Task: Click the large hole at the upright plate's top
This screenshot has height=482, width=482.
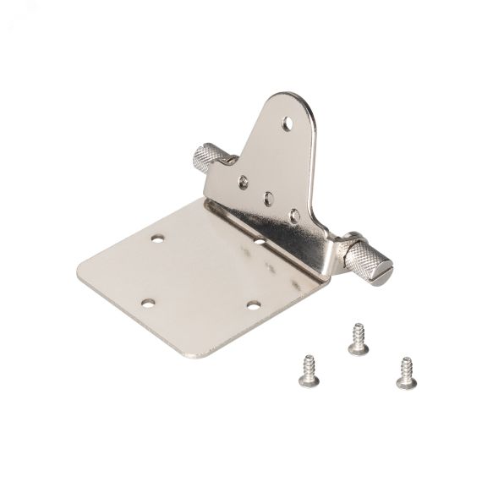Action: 290,122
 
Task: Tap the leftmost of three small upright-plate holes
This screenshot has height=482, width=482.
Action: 244,180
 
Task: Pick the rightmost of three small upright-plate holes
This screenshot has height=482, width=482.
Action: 293,216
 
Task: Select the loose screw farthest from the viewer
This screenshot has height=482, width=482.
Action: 357,334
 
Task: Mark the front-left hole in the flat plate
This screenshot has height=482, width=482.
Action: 149,303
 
